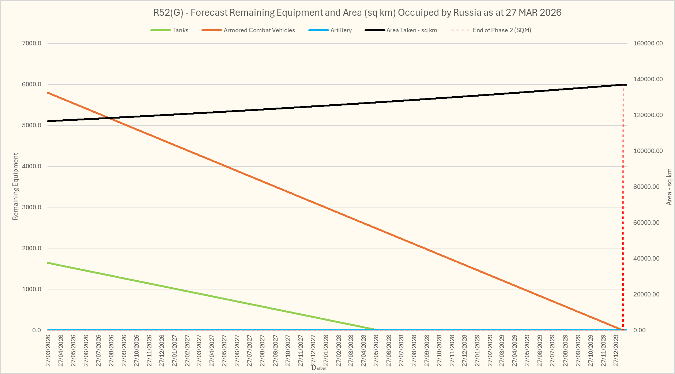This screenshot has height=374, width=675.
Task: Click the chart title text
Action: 357,13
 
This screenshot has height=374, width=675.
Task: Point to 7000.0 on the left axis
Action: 32,44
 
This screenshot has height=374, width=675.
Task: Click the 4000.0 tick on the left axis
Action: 32,167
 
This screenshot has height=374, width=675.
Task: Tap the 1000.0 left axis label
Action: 32,289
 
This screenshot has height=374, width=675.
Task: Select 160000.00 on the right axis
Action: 648,44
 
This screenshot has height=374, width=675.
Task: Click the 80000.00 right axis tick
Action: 646,187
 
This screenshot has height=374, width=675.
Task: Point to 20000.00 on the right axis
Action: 646,294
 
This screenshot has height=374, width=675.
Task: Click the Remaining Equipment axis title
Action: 15,187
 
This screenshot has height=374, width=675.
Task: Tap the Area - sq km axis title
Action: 669,187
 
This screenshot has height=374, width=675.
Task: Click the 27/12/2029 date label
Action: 616,350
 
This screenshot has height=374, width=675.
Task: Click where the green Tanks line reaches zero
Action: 378,330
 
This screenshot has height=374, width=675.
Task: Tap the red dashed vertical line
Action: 623,205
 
